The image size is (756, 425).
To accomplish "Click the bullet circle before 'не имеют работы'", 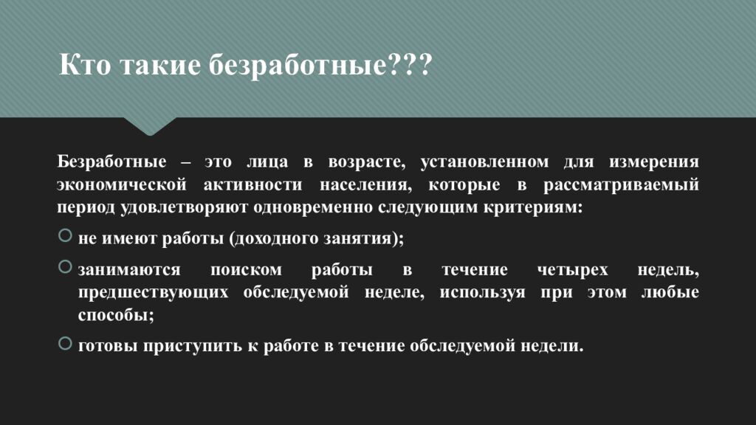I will [x=64, y=236].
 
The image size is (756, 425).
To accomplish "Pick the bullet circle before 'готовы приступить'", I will [x=64, y=343].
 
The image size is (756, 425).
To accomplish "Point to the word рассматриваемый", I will [x=622, y=184].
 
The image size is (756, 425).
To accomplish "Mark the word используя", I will [x=483, y=293].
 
